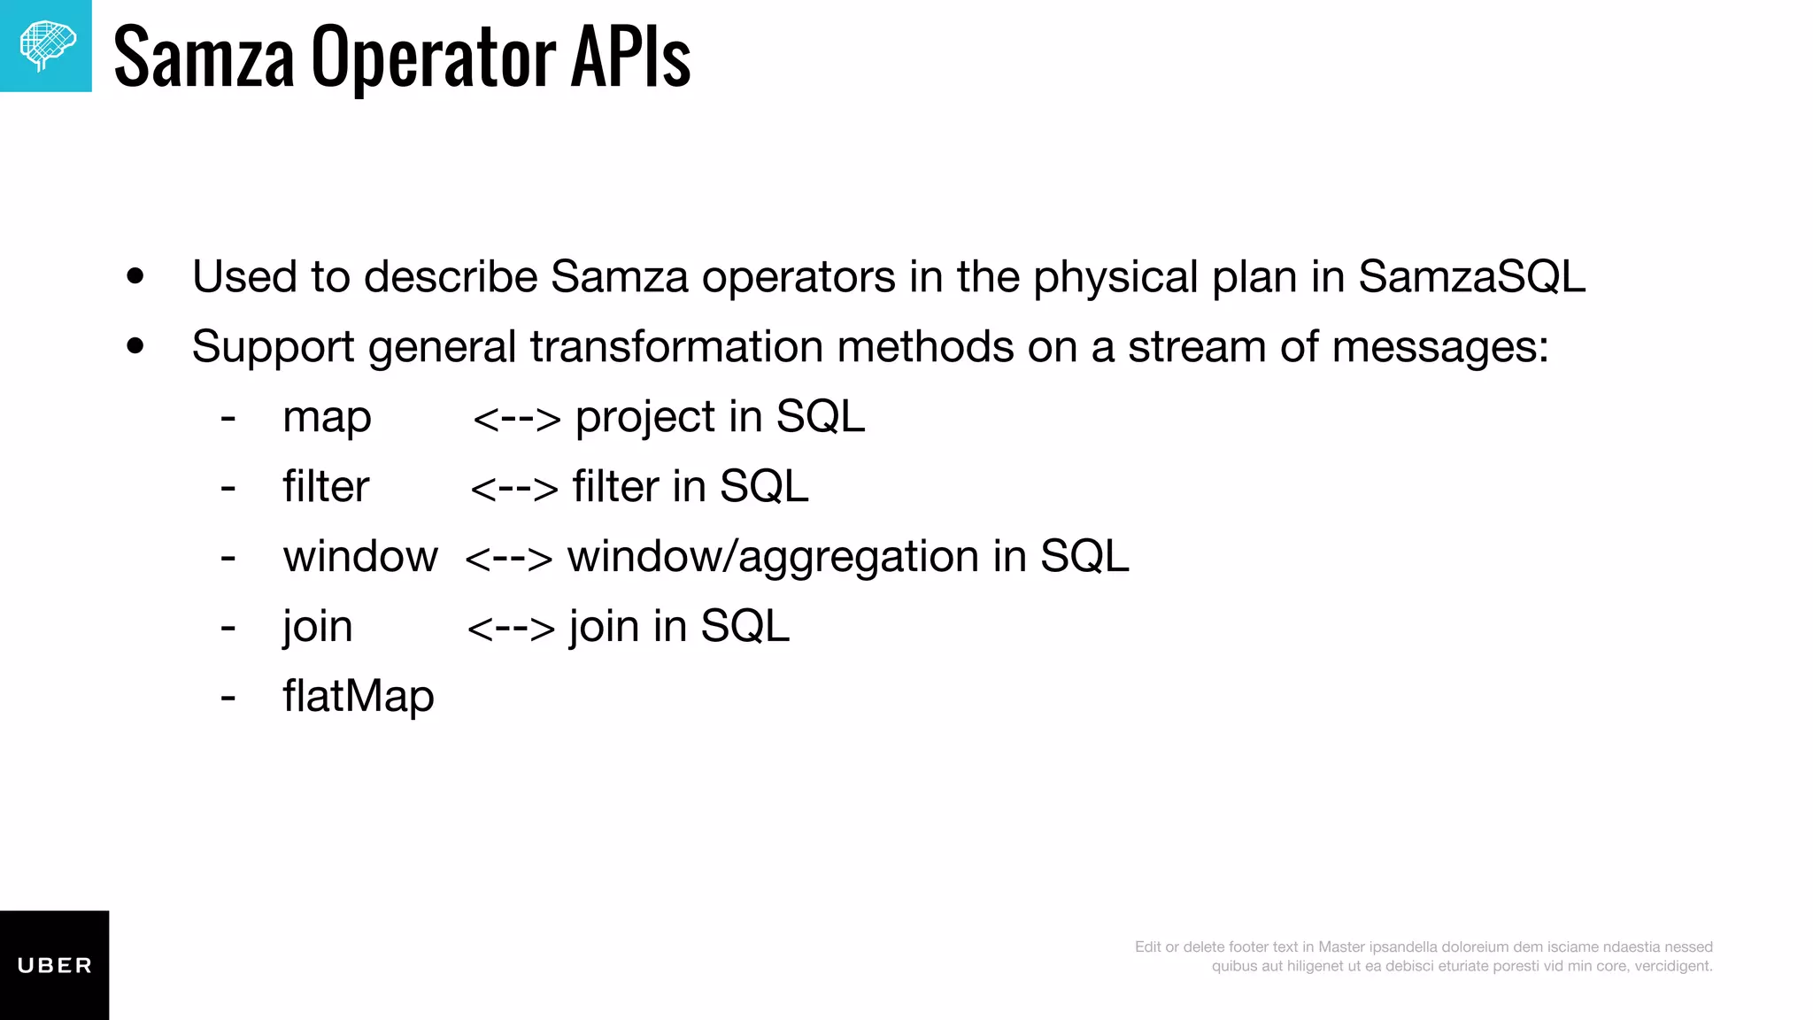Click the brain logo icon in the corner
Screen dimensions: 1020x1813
(46, 46)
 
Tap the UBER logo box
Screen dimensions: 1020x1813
(54, 965)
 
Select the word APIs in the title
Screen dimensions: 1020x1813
(630, 58)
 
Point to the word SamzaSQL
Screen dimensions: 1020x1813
(1471, 276)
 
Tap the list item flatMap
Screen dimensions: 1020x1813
(359, 696)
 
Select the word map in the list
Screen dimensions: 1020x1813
(327, 418)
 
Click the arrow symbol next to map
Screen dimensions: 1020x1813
(516, 418)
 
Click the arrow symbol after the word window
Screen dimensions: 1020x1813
(508, 558)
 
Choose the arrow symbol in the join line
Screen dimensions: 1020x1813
(510, 628)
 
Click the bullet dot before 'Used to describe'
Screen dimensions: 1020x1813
(135, 276)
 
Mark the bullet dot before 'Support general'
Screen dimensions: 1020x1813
(135, 346)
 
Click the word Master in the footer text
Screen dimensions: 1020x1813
(1341, 947)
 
